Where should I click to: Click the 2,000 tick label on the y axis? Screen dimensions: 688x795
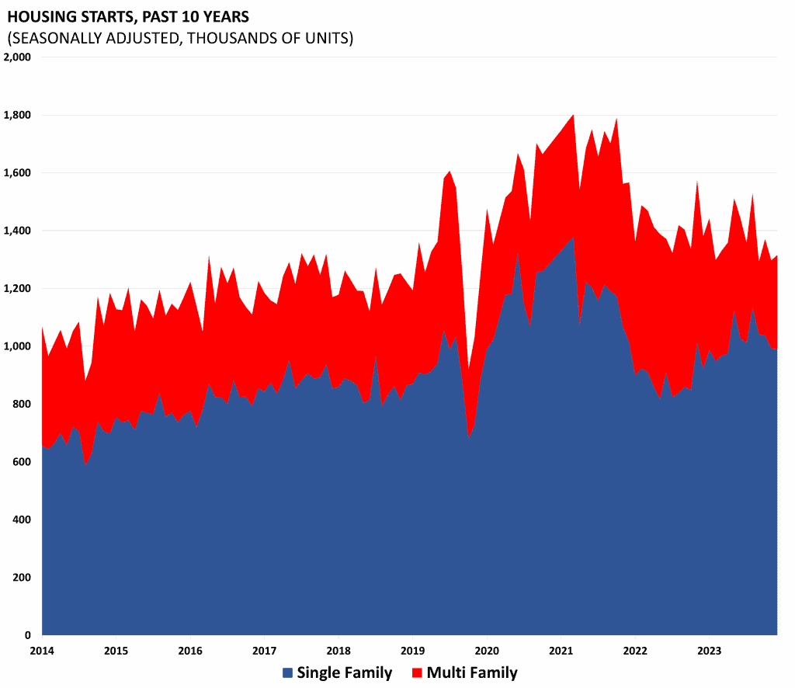click(x=16, y=57)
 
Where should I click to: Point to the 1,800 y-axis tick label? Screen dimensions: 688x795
click(x=16, y=116)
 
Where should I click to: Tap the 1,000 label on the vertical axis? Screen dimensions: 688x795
click(x=16, y=346)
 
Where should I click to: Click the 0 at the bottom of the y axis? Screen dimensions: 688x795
click(x=26, y=635)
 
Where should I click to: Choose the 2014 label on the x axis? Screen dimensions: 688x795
click(x=42, y=650)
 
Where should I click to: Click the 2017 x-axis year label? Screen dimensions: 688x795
click(x=264, y=650)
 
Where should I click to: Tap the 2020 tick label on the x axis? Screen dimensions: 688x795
click(x=487, y=650)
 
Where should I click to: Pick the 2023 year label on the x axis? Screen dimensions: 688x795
click(x=709, y=650)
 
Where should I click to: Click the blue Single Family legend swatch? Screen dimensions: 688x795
click(x=287, y=672)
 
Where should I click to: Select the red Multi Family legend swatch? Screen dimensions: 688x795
click(x=417, y=672)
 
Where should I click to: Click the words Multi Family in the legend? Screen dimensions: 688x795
click(x=472, y=672)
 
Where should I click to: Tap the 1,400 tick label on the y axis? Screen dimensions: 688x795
click(x=16, y=231)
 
